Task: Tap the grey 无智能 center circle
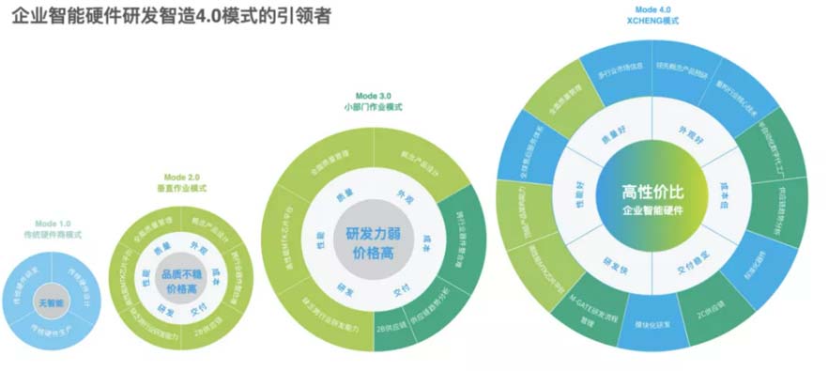(x=51, y=302)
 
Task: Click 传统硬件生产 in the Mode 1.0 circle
(x=51, y=330)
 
